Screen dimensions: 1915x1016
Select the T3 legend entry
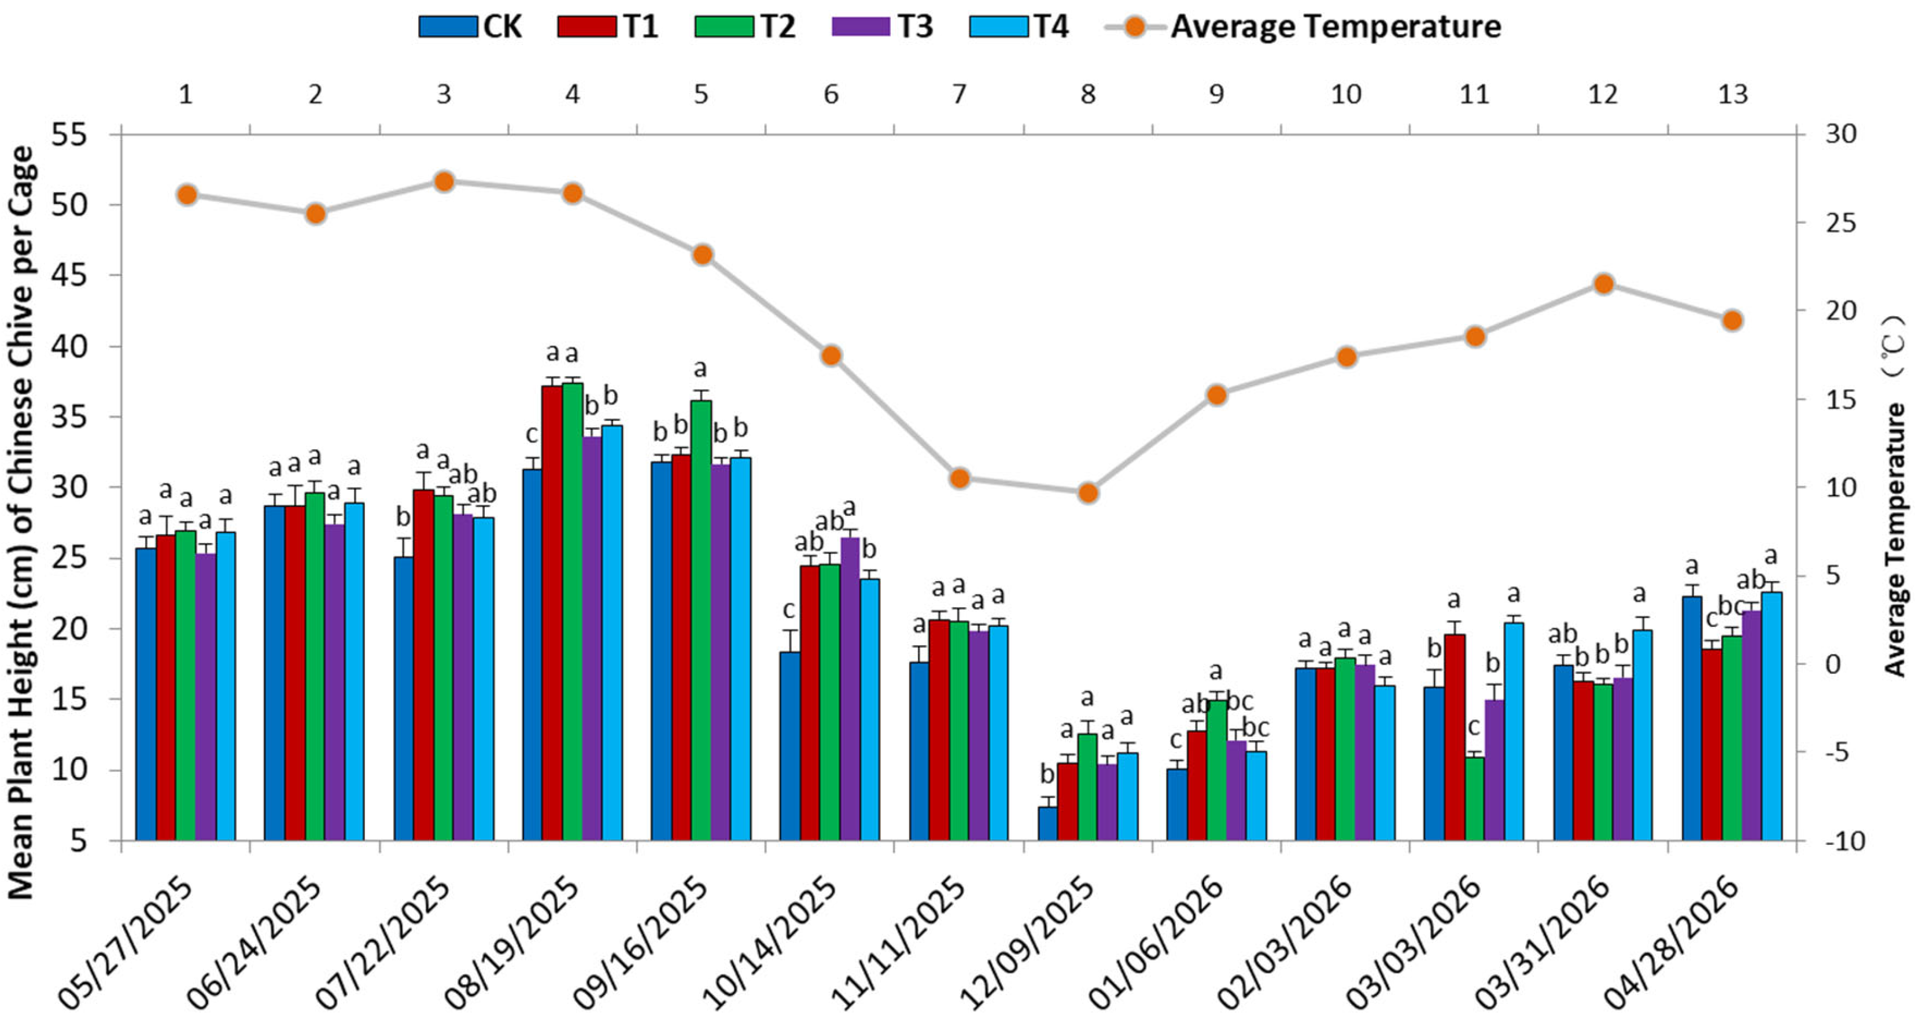pos(883,27)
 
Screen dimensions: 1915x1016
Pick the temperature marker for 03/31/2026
pos(1603,284)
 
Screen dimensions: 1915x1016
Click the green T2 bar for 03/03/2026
pos(1474,799)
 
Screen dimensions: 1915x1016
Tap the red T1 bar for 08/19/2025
pos(552,613)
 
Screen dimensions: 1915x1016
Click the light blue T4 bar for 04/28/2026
pos(1772,716)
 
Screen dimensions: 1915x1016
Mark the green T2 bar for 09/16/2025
pos(701,620)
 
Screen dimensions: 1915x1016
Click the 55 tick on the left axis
pos(68,135)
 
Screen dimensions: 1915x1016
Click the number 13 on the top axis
pos(1733,94)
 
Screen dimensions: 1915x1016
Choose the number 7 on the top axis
pos(960,94)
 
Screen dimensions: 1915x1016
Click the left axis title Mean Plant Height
pos(21,523)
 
